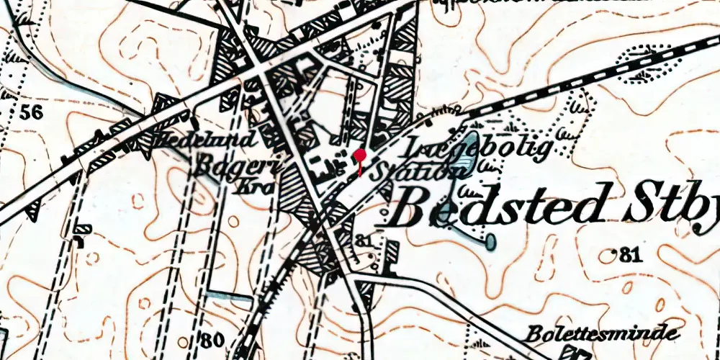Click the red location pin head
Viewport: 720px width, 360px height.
pyautogui.click(x=361, y=155)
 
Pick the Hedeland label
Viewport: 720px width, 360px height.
pyautogui.click(x=205, y=139)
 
